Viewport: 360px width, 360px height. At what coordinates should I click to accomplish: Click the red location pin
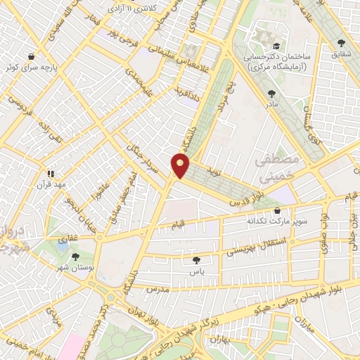[181, 166]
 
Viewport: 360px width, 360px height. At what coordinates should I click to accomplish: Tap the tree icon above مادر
[271, 91]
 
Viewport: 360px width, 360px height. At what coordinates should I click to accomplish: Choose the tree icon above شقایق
[341, 41]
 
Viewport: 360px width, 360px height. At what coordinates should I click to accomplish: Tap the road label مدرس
[159, 288]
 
